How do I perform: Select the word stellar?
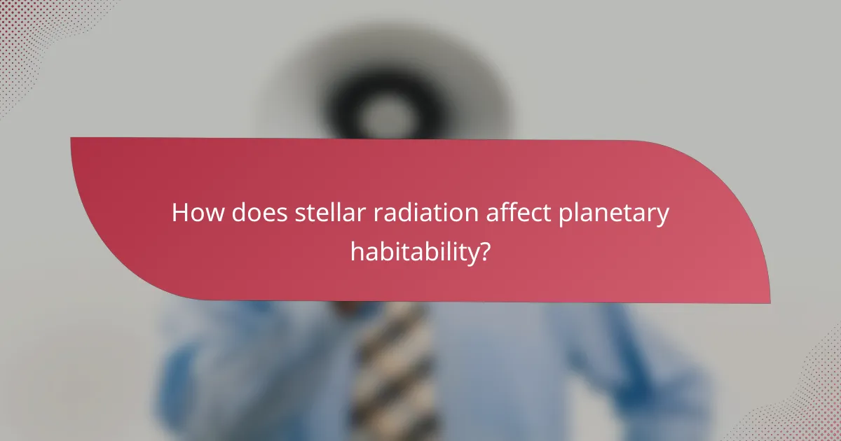(x=330, y=213)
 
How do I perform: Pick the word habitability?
(x=413, y=250)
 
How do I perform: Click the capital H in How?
(x=181, y=213)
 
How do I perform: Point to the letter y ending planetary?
(x=662, y=217)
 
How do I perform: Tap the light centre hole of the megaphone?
(x=383, y=112)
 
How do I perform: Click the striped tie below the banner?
(x=392, y=364)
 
